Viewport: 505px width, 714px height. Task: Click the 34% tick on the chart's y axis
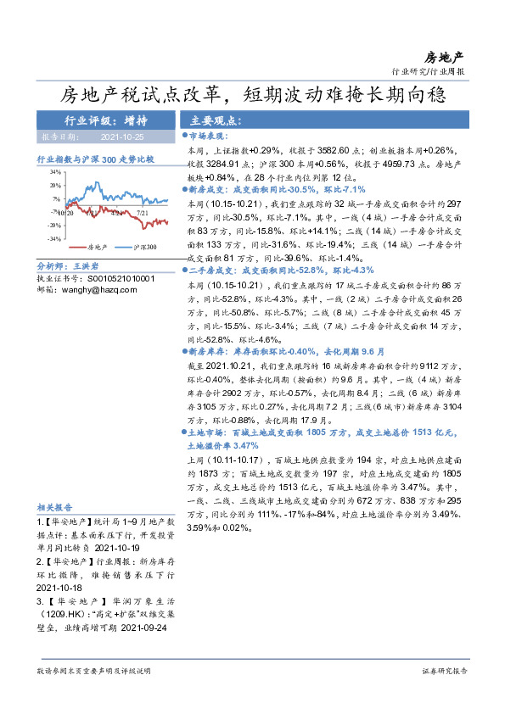[x=55, y=171]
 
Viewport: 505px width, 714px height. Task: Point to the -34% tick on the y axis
[x=54, y=239]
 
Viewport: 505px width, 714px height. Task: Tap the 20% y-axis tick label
[x=55, y=185]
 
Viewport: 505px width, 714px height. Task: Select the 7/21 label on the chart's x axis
[x=142, y=214]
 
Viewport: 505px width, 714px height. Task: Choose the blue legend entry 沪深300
[x=145, y=247]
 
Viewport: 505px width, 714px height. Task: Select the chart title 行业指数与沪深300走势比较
[x=95, y=159]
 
